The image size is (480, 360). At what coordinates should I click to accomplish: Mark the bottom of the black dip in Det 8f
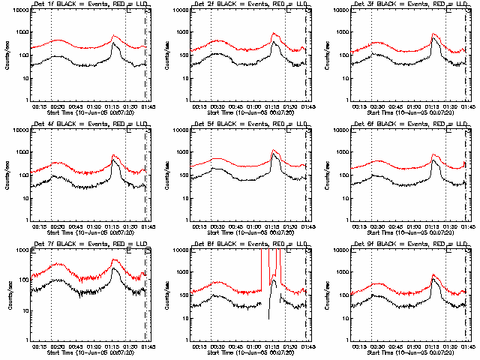click(x=269, y=319)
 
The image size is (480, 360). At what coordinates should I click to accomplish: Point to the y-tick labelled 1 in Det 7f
click(x=25, y=339)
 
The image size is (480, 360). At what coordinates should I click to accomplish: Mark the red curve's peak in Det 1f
click(x=113, y=35)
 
